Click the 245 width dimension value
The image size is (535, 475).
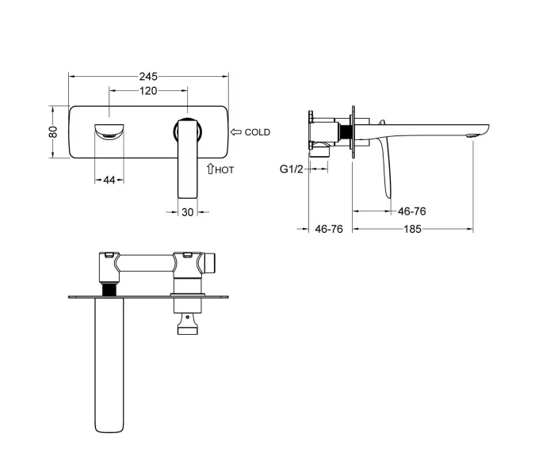point(148,76)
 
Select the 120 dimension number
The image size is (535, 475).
point(148,91)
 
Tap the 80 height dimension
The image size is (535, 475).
point(53,132)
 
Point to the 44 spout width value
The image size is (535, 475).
point(109,180)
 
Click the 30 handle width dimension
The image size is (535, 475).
point(188,212)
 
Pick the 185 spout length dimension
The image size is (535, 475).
point(412,229)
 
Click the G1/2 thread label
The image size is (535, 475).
point(292,169)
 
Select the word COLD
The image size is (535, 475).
point(258,132)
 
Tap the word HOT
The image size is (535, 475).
point(224,169)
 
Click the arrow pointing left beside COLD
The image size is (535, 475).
point(236,132)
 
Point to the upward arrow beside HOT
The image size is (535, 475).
point(210,169)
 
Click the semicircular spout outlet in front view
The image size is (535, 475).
point(109,132)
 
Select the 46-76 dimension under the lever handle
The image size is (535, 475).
point(412,211)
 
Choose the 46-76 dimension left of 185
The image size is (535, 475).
point(329,229)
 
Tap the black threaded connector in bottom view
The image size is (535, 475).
point(109,289)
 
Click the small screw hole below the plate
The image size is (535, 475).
point(187,317)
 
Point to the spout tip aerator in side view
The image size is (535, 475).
point(471,135)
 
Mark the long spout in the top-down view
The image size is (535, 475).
point(109,365)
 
